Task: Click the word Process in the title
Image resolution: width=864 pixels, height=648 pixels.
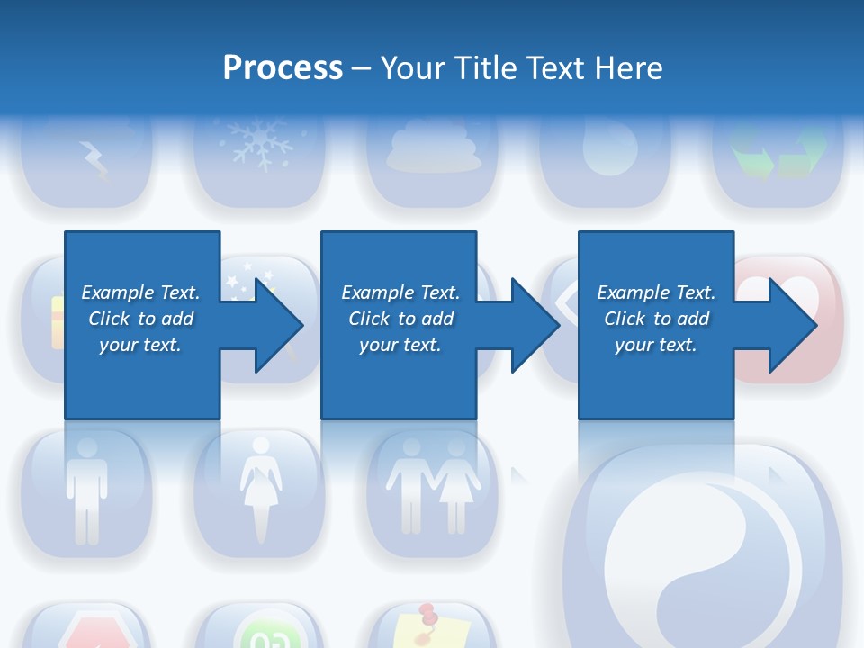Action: [x=283, y=68]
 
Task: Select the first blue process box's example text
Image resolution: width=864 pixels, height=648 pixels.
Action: [x=140, y=319]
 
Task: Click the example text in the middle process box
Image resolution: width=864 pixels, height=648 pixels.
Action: [x=400, y=319]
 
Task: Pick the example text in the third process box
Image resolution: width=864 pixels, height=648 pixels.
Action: [x=656, y=319]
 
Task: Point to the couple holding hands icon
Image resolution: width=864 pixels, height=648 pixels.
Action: [x=433, y=486]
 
